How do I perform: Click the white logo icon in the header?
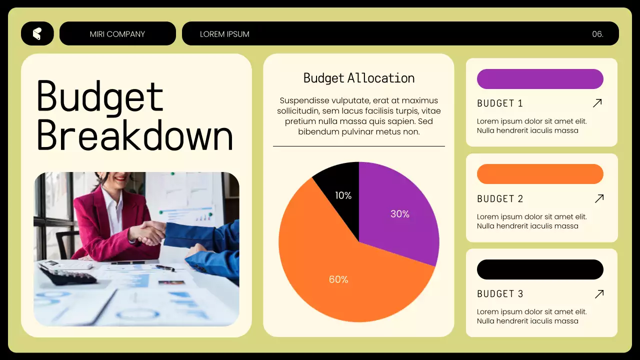pos(37,33)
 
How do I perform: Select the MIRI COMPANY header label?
pos(117,34)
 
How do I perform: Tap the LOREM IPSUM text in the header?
pos(224,34)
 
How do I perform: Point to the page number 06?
pos(597,34)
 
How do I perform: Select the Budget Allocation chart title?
pos(359,78)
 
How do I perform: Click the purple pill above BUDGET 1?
pos(540,79)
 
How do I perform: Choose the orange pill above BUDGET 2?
pos(540,174)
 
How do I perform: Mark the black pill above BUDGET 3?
pos(540,269)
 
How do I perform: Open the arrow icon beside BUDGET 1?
pos(597,103)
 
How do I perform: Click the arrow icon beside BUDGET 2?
pos(599,198)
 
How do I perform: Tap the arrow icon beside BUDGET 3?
pos(599,293)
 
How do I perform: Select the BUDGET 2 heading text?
pos(500,199)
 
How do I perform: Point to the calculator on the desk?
pos(67,274)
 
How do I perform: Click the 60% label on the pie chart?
pos(338,279)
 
